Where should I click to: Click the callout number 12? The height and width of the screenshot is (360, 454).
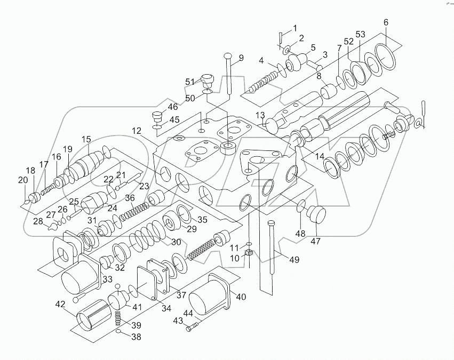click(137, 131)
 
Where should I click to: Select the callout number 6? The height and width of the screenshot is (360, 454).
click(386, 22)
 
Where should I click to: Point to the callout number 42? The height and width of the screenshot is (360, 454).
click(61, 305)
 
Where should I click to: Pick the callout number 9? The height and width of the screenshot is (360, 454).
click(241, 58)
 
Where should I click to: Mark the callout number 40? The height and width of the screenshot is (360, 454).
click(241, 297)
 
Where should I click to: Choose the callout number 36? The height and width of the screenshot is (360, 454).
click(130, 198)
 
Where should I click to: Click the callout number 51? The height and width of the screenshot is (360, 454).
click(190, 82)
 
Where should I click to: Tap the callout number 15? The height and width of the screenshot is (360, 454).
click(86, 139)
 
